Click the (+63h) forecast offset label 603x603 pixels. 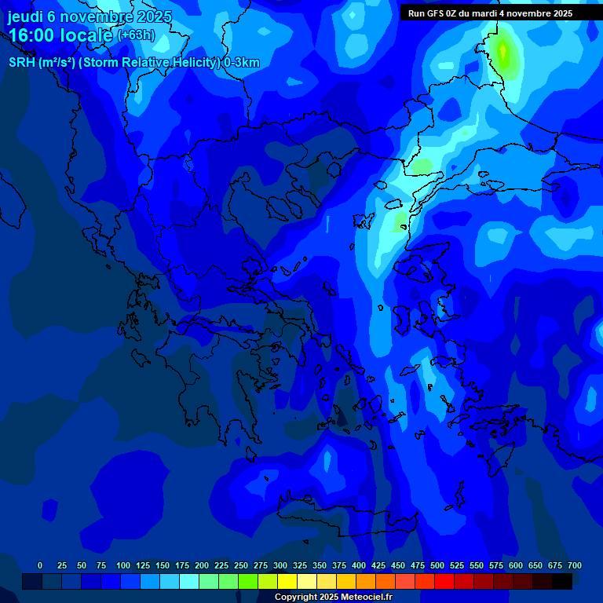136,35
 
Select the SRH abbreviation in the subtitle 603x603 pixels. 22,63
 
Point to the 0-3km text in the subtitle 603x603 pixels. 242,63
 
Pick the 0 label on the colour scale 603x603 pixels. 40,565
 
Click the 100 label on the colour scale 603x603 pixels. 123,565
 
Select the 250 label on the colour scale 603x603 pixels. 241,565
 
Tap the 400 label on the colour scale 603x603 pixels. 359,565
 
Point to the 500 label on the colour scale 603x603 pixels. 437,565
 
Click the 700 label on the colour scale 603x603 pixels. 575,565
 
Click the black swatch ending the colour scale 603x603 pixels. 562,581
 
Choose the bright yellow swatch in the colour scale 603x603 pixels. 287,581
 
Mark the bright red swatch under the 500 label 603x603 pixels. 444,581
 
